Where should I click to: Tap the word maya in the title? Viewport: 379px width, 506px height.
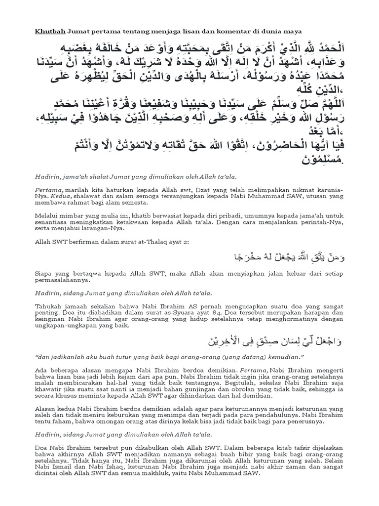(291, 31)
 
